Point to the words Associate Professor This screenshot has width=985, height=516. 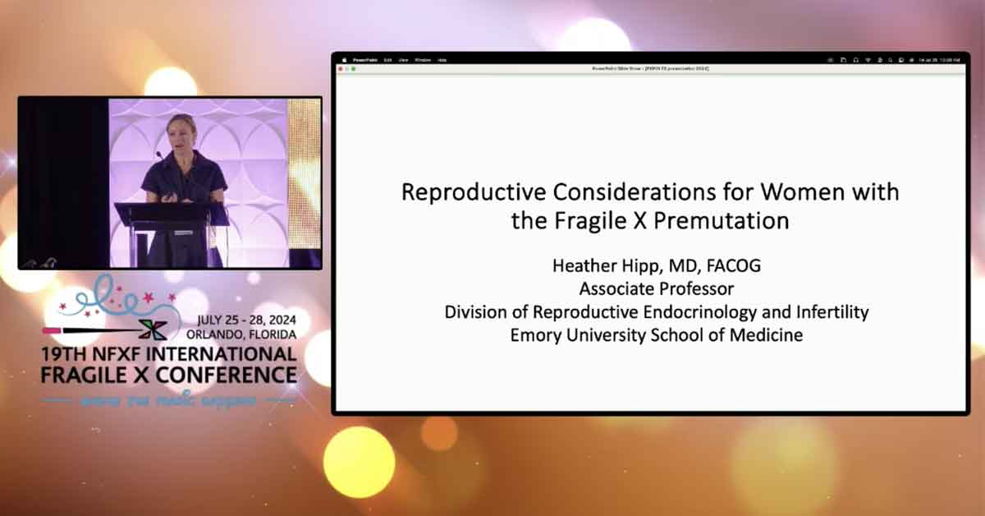point(656,289)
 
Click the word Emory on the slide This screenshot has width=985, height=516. point(538,335)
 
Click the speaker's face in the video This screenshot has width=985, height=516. point(181,131)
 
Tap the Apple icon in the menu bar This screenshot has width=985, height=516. point(344,60)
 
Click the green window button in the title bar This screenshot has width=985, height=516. point(355,68)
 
